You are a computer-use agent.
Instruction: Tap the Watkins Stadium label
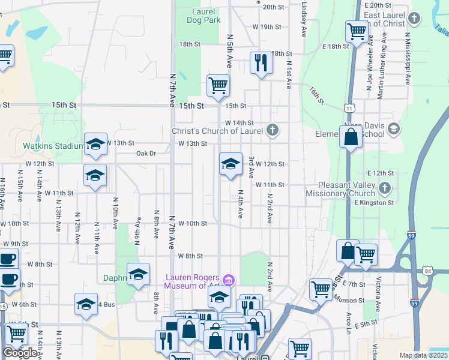point(53,146)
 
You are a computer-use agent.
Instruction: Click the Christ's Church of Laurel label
point(221,131)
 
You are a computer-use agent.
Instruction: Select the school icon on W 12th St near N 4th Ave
point(230,164)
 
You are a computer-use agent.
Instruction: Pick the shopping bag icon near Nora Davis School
point(351,137)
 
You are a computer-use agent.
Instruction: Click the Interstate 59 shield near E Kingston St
point(412,236)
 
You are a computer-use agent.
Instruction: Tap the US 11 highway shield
point(349,108)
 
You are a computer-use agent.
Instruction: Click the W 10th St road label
point(192,223)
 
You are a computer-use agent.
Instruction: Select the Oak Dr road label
point(146,154)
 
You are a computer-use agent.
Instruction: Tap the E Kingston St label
point(373,203)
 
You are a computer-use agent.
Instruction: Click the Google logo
point(20,352)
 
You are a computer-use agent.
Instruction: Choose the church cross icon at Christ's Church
point(272,130)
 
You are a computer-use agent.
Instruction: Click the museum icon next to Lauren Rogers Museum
point(228,280)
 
